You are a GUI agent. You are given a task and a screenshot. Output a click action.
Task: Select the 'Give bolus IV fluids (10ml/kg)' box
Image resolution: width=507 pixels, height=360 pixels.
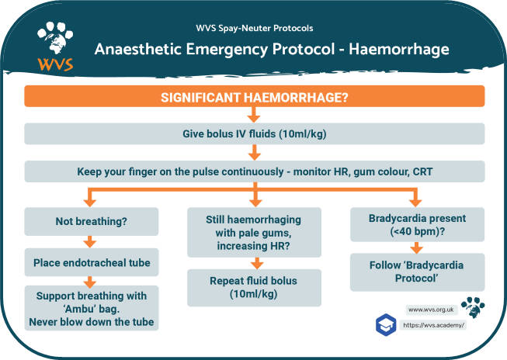(x=254, y=133)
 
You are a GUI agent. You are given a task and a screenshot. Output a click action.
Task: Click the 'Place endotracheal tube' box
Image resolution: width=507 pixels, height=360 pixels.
(x=92, y=262)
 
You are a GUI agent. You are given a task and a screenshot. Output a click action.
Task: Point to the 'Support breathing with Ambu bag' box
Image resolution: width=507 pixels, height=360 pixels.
(x=92, y=307)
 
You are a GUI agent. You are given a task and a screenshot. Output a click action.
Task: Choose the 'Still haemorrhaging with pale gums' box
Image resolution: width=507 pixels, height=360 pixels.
(x=254, y=232)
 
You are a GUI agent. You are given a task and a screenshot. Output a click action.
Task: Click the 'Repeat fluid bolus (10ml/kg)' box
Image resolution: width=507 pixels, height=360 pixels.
(x=254, y=288)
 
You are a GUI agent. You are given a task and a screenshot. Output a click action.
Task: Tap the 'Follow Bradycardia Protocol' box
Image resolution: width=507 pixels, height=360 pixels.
(x=416, y=272)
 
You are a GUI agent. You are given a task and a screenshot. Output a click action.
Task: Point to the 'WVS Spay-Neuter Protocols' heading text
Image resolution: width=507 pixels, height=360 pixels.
(x=254, y=28)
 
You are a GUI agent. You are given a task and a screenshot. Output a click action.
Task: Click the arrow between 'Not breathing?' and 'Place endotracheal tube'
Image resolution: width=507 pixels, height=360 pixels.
(x=92, y=241)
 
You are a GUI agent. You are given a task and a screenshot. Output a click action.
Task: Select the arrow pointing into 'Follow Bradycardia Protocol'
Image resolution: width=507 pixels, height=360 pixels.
(x=416, y=248)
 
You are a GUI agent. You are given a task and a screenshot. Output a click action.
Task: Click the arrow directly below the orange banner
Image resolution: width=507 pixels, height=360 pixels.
(x=254, y=115)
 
